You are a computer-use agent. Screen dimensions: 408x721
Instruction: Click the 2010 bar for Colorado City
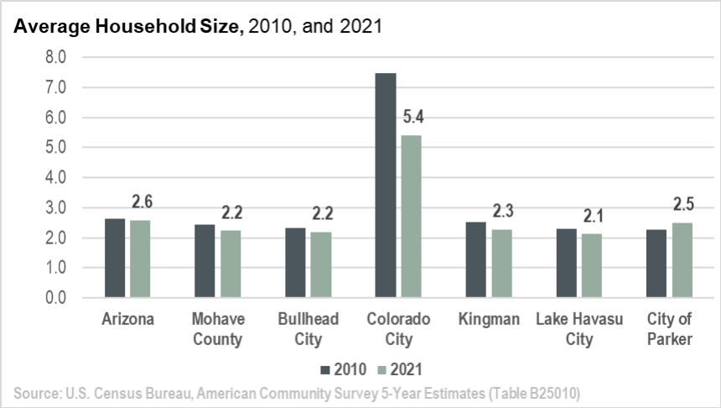click(386, 186)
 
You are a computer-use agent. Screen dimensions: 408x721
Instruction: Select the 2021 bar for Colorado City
click(412, 217)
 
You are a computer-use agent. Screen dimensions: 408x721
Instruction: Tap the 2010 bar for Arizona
click(115, 259)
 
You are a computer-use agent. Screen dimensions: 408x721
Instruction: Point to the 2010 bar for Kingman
click(476, 260)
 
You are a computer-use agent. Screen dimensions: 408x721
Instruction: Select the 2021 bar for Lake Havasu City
click(592, 266)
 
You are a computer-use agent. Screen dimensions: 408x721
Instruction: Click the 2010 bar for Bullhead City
click(295, 263)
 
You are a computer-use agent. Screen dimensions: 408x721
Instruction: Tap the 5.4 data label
click(412, 118)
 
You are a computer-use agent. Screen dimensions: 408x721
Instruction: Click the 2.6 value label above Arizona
click(140, 202)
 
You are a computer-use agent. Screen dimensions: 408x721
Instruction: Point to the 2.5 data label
click(682, 205)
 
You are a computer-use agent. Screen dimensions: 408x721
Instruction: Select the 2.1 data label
click(592, 217)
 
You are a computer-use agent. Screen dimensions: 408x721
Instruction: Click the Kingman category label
click(489, 320)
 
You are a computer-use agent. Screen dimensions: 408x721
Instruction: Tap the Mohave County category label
click(217, 329)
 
